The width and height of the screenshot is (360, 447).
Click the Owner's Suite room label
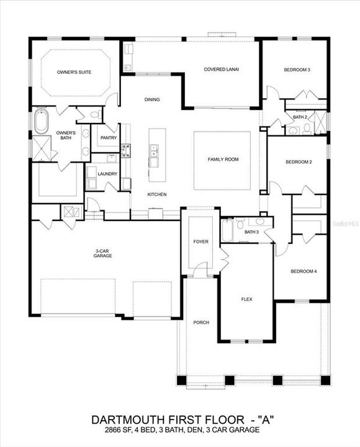click(x=74, y=73)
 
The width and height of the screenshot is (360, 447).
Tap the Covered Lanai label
click(x=222, y=70)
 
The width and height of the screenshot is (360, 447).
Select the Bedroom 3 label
click(x=297, y=70)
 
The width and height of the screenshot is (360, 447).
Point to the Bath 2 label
click(x=300, y=117)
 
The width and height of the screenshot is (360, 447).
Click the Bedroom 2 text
click(x=298, y=162)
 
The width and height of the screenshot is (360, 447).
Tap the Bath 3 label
click(x=251, y=232)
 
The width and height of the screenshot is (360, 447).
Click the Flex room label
click(x=246, y=299)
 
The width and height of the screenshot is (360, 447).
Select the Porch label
click(x=200, y=322)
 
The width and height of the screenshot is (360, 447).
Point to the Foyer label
click(x=200, y=242)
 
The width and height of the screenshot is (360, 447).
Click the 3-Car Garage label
click(x=103, y=253)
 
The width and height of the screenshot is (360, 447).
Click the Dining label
click(x=152, y=99)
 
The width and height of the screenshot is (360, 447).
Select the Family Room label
click(x=223, y=160)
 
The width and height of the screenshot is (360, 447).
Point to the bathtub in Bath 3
click(x=228, y=232)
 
